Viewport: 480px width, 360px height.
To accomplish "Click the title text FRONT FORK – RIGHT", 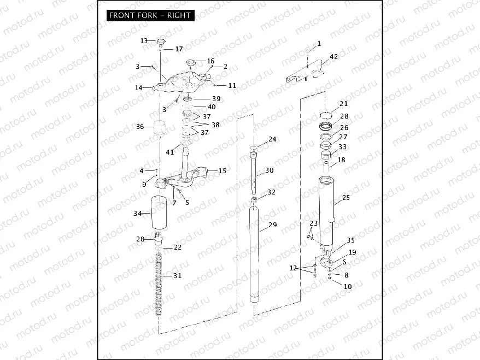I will click(150, 15).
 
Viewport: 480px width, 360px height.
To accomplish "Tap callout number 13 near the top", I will click(144, 41).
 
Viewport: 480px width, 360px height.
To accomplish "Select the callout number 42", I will click(333, 56).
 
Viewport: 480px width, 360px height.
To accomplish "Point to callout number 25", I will click(346, 197).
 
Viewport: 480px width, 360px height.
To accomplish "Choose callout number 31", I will click(177, 276).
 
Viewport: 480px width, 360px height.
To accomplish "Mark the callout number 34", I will click(138, 213).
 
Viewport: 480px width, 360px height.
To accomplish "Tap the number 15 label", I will click(222, 171).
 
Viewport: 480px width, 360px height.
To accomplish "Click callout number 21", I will click(343, 103).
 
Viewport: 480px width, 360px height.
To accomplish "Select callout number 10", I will click(348, 286).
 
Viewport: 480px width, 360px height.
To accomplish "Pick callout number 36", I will click(140, 127).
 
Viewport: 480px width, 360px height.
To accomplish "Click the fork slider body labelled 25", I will click(326, 210).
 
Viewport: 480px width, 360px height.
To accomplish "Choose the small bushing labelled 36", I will click(159, 129).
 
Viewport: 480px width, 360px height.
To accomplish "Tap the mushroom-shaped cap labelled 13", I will click(161, 42).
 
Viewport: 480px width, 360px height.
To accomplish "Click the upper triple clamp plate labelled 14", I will click(180, 82).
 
